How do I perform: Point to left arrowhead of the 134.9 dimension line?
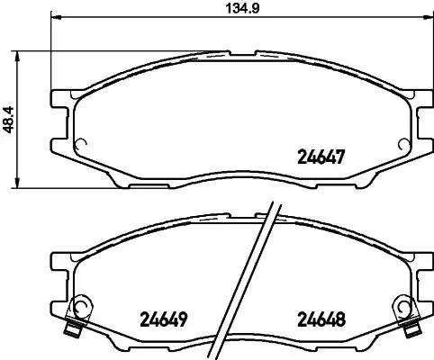(x=54, y=19)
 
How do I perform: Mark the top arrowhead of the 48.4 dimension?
(x=21, y=54)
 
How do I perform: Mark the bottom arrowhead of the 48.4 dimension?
(x=21, y=185)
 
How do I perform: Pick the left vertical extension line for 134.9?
(x=50, y=54)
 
